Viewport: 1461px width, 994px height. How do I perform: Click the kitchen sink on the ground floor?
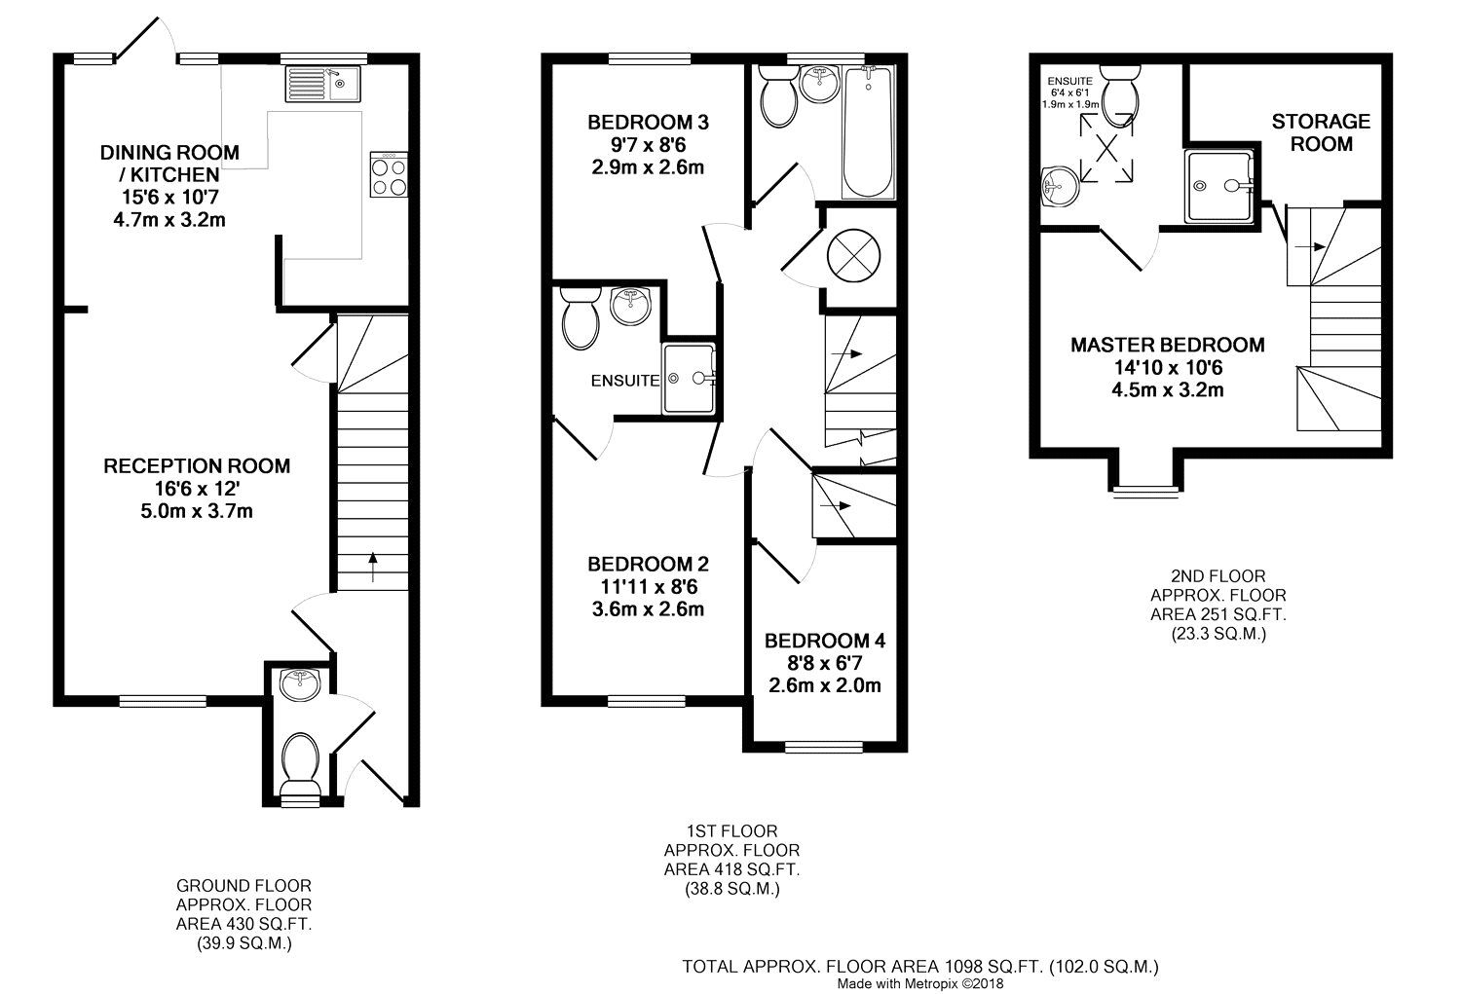(x=322, y=84)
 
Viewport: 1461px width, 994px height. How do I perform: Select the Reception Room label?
(x=197, y=466)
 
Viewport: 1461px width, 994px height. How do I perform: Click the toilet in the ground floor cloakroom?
(x=299, y=760)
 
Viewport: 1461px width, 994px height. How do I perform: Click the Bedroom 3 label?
(x=648, y=123)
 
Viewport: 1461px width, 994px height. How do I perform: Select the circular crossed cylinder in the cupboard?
(x=853, y=254)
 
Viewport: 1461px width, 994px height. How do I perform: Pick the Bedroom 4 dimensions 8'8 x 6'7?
(x=824, y=663)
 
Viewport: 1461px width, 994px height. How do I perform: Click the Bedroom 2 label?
(x=648, y=565)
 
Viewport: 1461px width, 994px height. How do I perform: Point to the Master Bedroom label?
(x=1168, y=345)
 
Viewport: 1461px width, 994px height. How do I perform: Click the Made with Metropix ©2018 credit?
(x=919, y=983)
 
